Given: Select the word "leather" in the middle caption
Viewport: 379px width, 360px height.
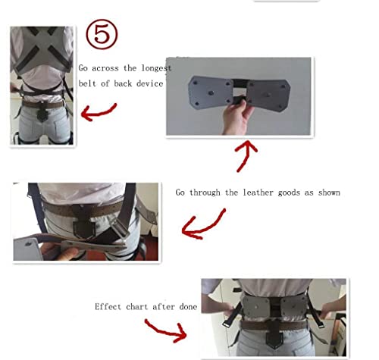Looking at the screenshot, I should click(x=260, y=193).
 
